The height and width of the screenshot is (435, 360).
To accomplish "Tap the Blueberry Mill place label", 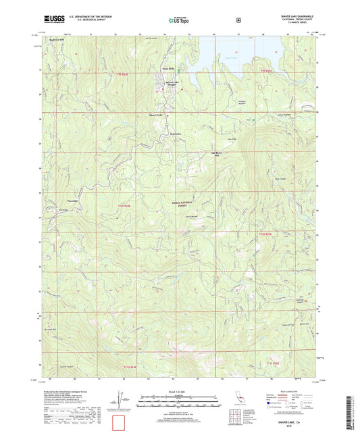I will (x=59, y=39).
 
